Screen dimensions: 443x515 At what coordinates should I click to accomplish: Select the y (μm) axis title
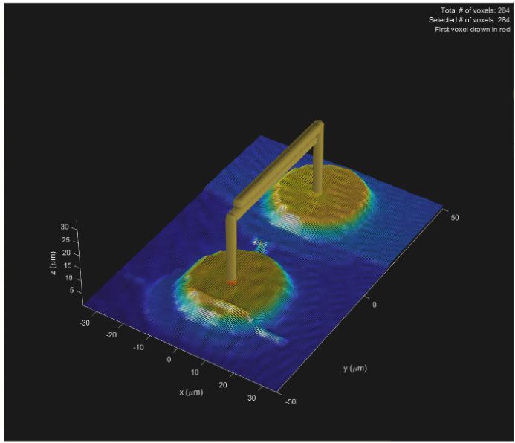tap(354, 368)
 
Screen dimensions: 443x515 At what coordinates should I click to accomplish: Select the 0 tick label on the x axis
tap(169, 359)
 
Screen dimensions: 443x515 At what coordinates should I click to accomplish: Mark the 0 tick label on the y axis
tap(374, 305)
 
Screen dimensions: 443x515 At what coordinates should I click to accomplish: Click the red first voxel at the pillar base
tap(231, 283)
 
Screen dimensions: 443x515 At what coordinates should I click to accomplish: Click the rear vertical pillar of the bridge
tap(318, 160)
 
